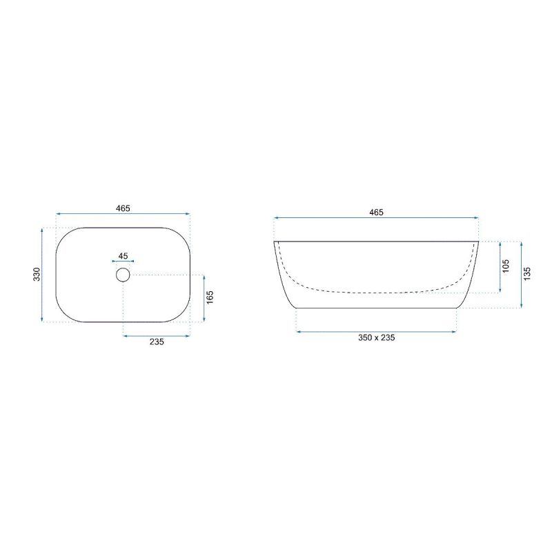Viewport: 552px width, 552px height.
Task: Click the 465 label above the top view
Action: pos(123,208)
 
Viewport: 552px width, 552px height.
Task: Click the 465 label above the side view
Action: pos(376,213)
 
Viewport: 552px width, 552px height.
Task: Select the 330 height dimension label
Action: pos(37,274)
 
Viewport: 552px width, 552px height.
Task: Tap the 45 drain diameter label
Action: pos(123,256)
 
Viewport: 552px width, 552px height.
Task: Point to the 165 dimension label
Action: pos(210,297)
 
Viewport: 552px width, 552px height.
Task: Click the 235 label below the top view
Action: pos(157,342)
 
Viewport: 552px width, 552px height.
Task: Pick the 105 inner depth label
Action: pos(506,266)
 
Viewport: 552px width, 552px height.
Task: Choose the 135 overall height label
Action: pos(527,274)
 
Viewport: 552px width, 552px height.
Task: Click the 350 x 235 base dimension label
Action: pos(376,337)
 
